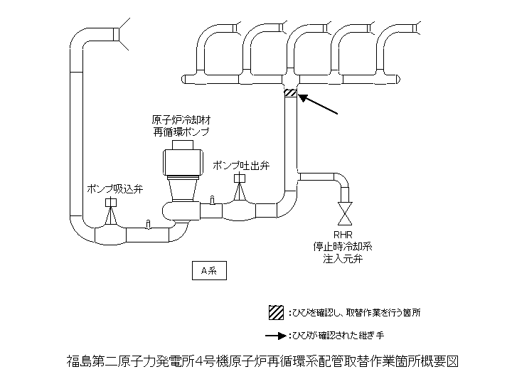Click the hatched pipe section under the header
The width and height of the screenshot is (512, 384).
pyautogui.click(x=291, y=93)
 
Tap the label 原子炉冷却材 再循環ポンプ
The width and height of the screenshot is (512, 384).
pyautogui.click(x=181, y=126)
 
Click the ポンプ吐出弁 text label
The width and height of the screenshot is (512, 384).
pyautogui.click(x=241, y=165)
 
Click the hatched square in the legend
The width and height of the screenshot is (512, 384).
pyautogui.click(x=275, y=311)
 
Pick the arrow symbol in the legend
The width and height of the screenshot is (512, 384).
pyautogui.click(x=275, y=334)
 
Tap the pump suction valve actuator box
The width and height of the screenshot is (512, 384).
pyautogui.click(x=110, y=203)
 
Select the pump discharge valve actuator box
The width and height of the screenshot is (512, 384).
pyautogui.click(x=240, y=178)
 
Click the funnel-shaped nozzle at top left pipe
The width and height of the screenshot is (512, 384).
pyautogui.click(x=127, y=34)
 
